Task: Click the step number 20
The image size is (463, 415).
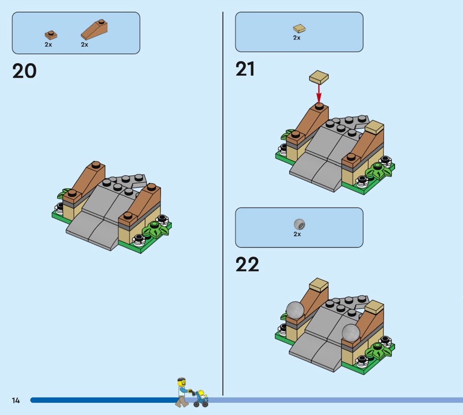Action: tap(24, 71)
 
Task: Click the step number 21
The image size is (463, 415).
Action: tap(245, 69)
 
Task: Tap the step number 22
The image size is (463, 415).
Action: tap(247, 264)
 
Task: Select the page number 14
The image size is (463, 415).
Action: tap(16, 400)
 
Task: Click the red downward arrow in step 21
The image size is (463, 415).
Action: tap(319, 93)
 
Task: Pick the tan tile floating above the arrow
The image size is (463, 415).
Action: tap(319, 77)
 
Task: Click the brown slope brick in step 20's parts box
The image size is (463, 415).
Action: tap(94, 30)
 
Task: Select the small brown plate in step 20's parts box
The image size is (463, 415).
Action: tap(51, 35)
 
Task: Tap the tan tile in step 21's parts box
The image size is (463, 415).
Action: tap(299, 28)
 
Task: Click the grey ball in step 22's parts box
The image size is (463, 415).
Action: tap(299, 224)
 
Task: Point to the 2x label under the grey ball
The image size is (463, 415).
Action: tap(297, 234)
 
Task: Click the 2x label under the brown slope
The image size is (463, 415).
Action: tap(84, 45)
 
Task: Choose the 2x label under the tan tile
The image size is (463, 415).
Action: tap(297, 38)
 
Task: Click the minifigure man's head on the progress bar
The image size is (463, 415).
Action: tap(182, 381)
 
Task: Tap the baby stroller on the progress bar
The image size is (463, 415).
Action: tap(201, 398)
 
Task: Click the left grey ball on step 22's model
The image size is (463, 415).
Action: tap(295, 310)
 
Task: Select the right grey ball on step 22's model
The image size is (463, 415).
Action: tap(351, 332)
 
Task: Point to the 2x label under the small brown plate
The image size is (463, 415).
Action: tap(48, 45)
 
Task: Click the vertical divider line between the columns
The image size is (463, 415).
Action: tap(223, 203)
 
